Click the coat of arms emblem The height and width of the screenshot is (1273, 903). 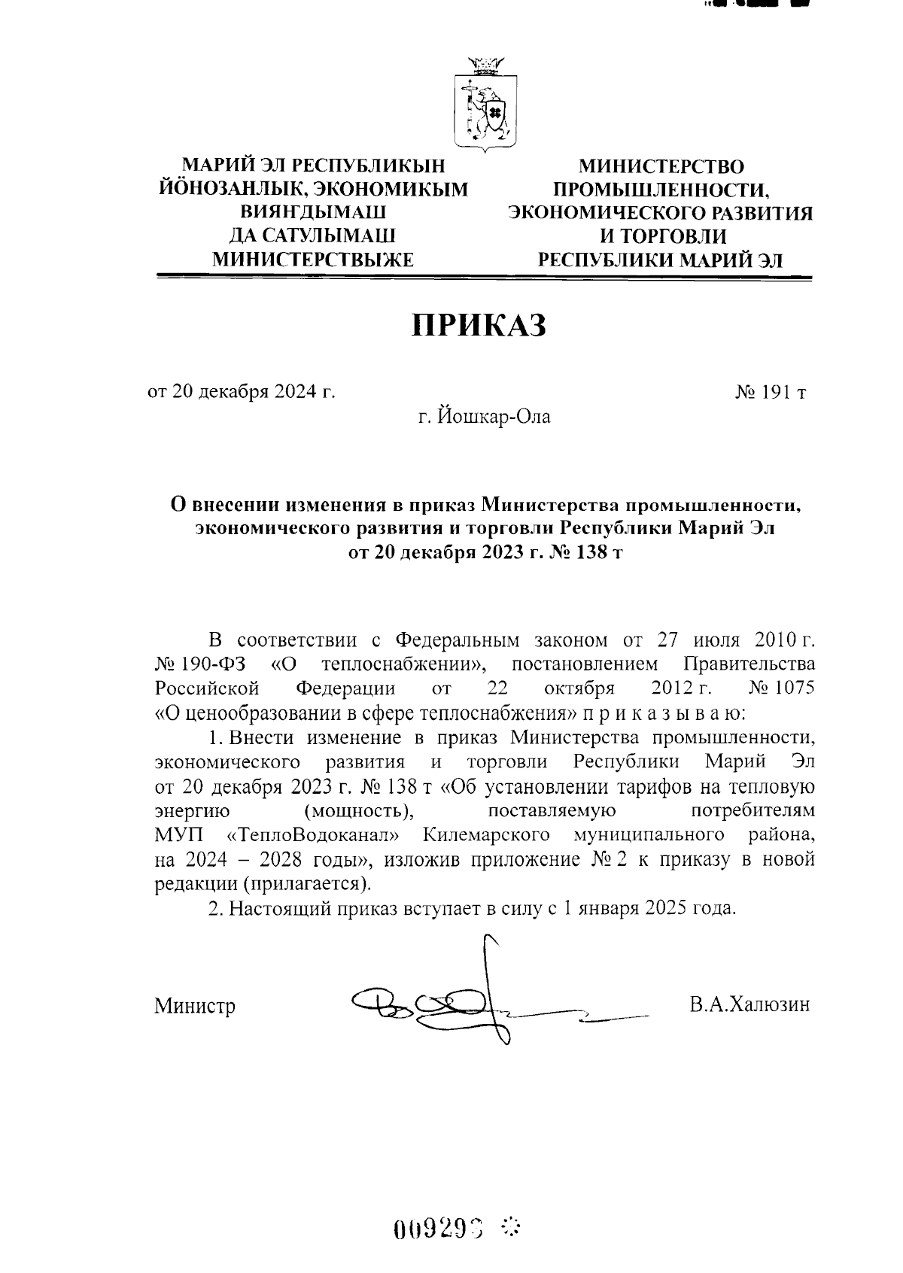coord(484,106)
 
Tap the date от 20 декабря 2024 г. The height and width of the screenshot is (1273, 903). coord(241,392)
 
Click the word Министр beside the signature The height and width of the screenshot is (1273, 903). coord(195,1006)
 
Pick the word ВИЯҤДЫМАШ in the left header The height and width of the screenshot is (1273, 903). coord(313,212)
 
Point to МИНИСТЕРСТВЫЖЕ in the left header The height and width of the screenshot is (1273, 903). coord(313,260)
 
